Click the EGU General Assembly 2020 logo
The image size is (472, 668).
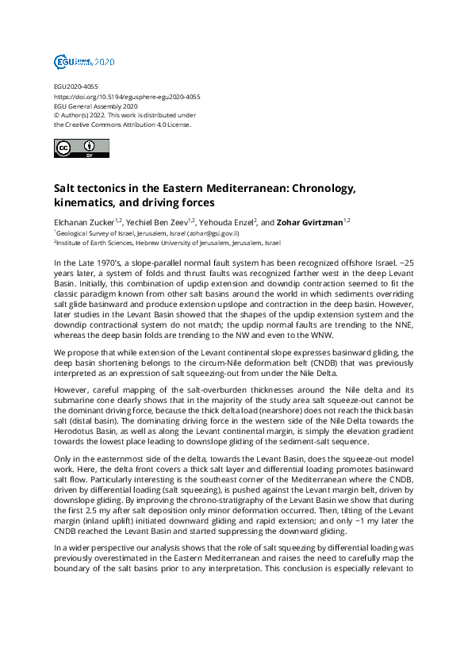(x=84, y=61)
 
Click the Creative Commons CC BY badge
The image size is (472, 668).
(x=79, y=148)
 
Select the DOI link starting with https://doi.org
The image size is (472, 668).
(x=126, y=97)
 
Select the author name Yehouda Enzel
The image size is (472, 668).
(x=229, y=222)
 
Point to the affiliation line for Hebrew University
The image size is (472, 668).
(x=167, y=242)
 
